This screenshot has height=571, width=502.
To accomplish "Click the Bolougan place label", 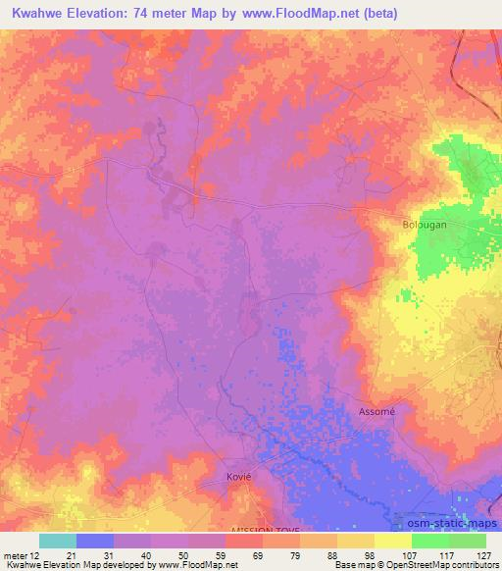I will (x=425, y=225).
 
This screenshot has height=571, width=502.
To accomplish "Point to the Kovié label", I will (x=226, y=476).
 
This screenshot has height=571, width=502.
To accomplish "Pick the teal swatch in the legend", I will (x=58, y=541).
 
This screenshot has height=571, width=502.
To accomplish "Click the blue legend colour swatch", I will (x=95, y=541).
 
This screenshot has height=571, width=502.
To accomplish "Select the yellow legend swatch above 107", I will (x=393, y=541).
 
